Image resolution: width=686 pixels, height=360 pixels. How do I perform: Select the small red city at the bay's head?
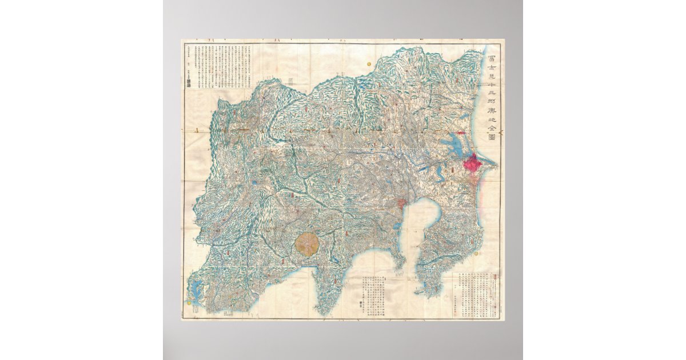(402, 202)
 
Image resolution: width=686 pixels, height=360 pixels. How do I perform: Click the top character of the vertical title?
(492, 58)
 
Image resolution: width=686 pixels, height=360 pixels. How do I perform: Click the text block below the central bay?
(372, 291)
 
